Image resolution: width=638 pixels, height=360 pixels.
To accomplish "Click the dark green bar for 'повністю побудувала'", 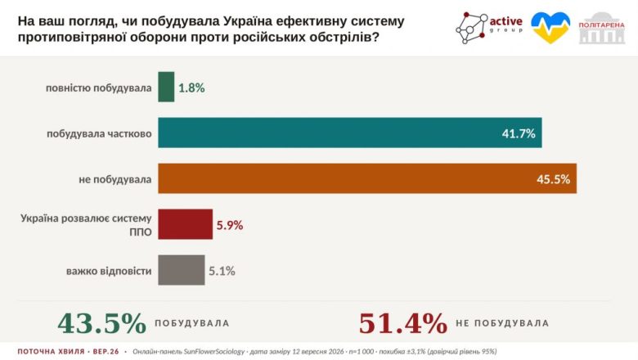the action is (166, 87).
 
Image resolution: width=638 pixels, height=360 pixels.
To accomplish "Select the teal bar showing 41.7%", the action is (350, 133).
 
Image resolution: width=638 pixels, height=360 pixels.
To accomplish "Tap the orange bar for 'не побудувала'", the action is (367, 178).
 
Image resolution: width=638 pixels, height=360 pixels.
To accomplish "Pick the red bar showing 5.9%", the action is (185, 224).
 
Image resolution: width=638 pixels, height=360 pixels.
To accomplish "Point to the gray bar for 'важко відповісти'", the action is (182, 270).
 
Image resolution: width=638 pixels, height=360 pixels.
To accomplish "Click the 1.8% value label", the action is (191, 88).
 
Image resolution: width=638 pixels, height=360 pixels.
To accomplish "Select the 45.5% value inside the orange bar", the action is (554, 179).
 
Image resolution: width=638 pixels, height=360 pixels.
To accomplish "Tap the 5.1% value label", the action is (222, 271).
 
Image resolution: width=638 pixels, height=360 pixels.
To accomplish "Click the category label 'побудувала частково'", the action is (99, 133).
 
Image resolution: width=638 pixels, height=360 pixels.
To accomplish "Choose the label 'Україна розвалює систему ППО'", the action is (86, 225).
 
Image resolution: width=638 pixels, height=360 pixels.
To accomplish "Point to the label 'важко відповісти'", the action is (109, 271).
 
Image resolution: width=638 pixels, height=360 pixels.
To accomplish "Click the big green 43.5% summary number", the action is (101, 323).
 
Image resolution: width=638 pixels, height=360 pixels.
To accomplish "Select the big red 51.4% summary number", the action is (402, 323).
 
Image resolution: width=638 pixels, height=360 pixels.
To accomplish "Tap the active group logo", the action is (488, 27).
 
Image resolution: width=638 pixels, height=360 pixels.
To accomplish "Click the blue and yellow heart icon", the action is (550, 27).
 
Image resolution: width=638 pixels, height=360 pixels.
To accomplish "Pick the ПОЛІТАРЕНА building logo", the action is (602, 28).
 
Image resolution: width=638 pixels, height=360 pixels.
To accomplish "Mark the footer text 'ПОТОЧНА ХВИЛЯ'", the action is (52, 352).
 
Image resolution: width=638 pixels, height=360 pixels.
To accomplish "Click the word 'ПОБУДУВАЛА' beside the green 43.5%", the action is (192, 323).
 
